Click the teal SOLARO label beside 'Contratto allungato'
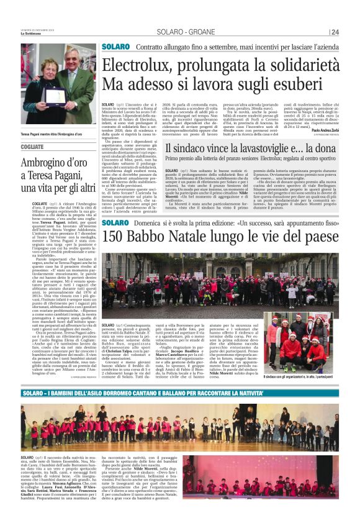pos(115,47)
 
